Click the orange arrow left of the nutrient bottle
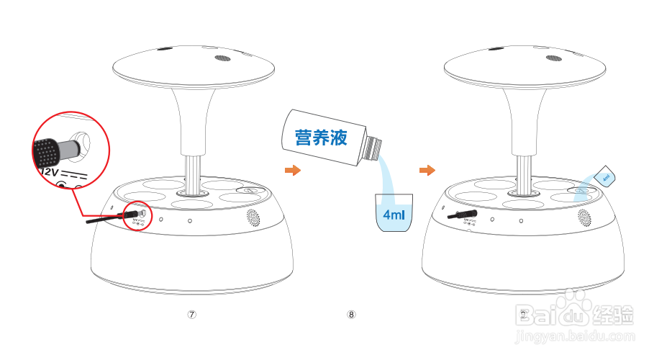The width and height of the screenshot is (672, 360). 291,171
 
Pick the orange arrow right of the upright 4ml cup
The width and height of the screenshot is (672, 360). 427,171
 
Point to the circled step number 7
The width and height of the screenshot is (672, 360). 191,315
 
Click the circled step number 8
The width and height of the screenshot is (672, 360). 351,315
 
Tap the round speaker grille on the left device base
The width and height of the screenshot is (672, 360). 253,217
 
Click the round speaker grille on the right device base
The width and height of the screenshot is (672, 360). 584,217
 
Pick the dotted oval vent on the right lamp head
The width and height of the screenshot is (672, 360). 553,58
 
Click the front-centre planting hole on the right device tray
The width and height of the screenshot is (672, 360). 523,204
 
